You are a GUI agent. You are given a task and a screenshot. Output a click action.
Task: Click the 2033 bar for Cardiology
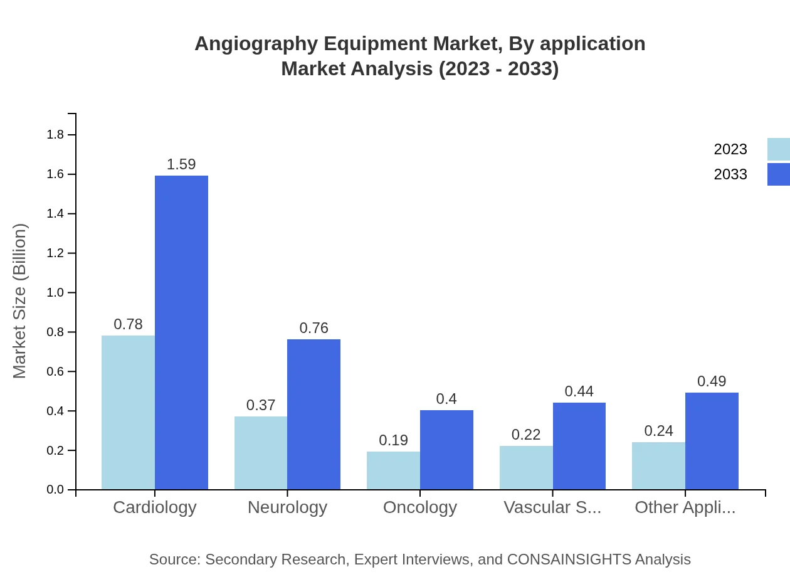coord(181,332)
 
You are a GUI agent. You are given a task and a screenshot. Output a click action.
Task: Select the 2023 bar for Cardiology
coord(128,412)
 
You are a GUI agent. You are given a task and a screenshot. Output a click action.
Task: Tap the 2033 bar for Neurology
coord(313,414)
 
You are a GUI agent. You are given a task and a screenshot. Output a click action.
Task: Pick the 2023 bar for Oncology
coord(393,470)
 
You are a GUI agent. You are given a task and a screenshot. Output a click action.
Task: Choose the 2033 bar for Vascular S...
coord(579,446)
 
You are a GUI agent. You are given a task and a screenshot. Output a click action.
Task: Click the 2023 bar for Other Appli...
coord(658,465)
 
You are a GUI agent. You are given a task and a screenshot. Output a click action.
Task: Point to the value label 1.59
coord(181,164)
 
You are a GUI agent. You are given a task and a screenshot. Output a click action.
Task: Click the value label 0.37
coord(261,405)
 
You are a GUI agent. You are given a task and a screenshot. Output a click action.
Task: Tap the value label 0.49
coord(712,381)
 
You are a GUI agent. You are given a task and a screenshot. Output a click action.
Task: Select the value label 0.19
coord(393,440)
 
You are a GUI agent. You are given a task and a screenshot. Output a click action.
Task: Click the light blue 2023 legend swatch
coord(778,149)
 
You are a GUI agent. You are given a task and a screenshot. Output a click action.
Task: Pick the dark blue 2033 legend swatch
coord(778,174)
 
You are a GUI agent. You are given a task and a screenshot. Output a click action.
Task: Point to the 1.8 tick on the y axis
coord(55,135)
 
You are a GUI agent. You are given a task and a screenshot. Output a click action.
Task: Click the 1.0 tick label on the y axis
coord(55,293)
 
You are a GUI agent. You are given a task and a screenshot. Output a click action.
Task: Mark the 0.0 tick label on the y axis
coord(55,490)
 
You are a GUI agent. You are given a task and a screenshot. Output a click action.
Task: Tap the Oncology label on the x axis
coord(420,507)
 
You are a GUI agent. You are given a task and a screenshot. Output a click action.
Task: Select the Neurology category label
coord(287,507)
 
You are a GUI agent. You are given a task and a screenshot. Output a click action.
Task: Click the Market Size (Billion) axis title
coord(20,301)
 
